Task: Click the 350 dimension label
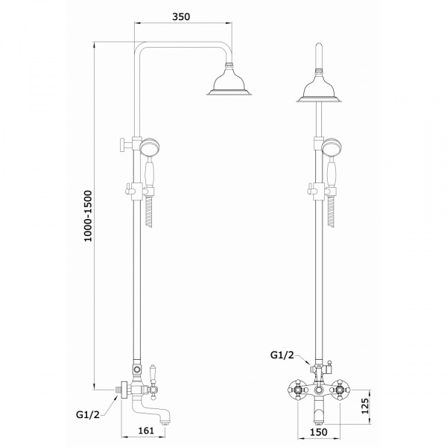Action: [x=181, y=16]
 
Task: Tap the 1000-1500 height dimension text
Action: [x=88, y=216]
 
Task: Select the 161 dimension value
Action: [x=146, y=431]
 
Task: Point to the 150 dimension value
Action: [x=318, y=432]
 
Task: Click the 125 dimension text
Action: [x=365, y=406]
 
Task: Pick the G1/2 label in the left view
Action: [x=88, y=414]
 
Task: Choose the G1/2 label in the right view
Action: [x=282, y=355]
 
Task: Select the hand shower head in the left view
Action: [x=150, y=147]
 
